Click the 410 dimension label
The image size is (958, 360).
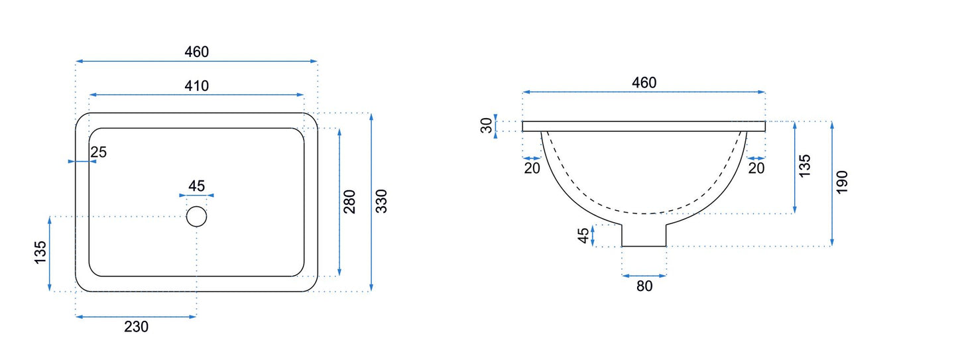197,86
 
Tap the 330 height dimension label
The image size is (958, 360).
381,201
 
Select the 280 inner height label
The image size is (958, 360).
350,202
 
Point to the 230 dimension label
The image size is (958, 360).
137,327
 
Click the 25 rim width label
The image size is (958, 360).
98,152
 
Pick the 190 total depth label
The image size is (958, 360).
842,182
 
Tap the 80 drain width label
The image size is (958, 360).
644,286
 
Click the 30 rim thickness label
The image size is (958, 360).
487,125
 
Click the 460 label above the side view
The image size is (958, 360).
644,82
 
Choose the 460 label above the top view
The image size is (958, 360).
197,52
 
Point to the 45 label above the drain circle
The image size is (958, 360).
197,186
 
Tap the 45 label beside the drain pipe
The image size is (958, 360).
583,235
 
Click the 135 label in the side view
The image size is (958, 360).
804,166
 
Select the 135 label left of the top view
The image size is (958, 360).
40,252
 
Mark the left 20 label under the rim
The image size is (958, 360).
532,168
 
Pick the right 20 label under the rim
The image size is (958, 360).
756,168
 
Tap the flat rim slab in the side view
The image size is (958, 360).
644,126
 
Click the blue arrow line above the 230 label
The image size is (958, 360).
136,317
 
